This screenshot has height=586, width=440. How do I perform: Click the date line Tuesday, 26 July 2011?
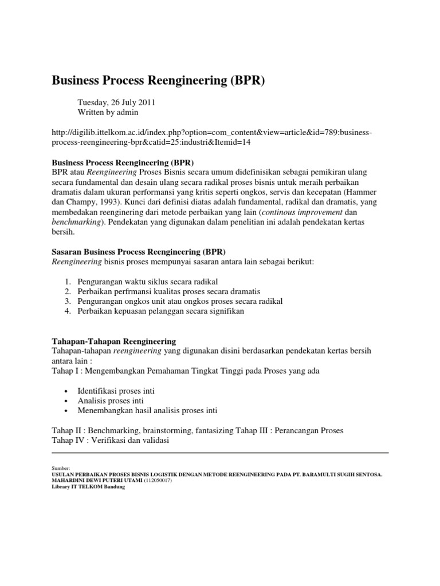pos(116,102)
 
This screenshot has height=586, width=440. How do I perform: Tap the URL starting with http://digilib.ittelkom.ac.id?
pos(212,137)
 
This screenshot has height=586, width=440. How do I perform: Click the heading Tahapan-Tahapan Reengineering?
pos(114,340)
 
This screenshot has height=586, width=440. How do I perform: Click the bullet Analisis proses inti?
pos(111,401)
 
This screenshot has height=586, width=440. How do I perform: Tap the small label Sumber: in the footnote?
pos(60,468)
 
